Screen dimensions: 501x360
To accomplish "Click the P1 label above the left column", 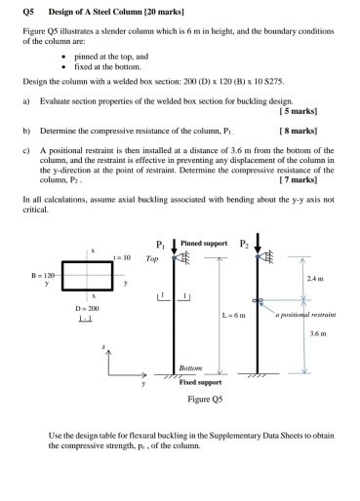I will point(161,244).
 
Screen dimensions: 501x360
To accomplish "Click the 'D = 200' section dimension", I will point(88,310).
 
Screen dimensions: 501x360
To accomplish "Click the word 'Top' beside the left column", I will point(151,260).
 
